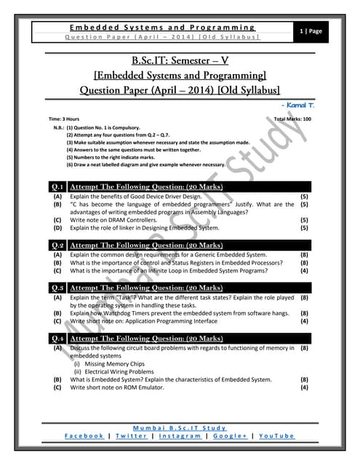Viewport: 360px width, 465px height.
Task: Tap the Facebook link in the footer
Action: (x=84, y=435)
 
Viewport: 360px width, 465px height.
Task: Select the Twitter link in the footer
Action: (x=132, y=435)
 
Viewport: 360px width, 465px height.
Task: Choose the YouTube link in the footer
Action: (x=276, y=435)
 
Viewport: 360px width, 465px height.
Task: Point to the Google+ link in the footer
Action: (x=229, y=435)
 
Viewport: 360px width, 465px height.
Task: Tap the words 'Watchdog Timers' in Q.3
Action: (x=126, y=313)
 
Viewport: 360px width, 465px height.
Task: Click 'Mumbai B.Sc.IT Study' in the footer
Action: (x=180, y=427)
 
